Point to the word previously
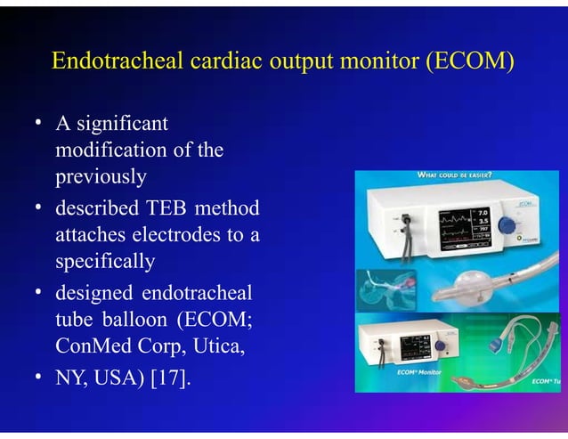100,176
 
